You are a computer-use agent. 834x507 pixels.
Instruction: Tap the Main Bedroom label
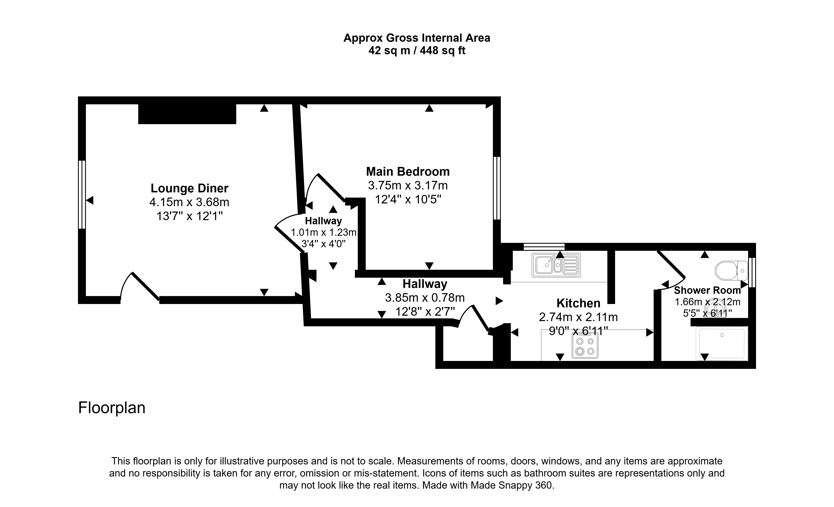pyautogui.click(x=408, y=172)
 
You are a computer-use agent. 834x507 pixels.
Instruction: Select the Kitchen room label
pyautogui.click(x=578, y=303)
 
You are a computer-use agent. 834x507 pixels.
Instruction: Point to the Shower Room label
pyautogui.click(x=707, y=290)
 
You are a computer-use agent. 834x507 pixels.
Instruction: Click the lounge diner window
pyautogui.click(x=82, y=194)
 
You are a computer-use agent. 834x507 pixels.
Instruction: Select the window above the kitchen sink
pyautogui.click(x=544, y=247)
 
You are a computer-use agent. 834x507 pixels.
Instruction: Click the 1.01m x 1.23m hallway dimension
pyautogui.click(x=324, y=232)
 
